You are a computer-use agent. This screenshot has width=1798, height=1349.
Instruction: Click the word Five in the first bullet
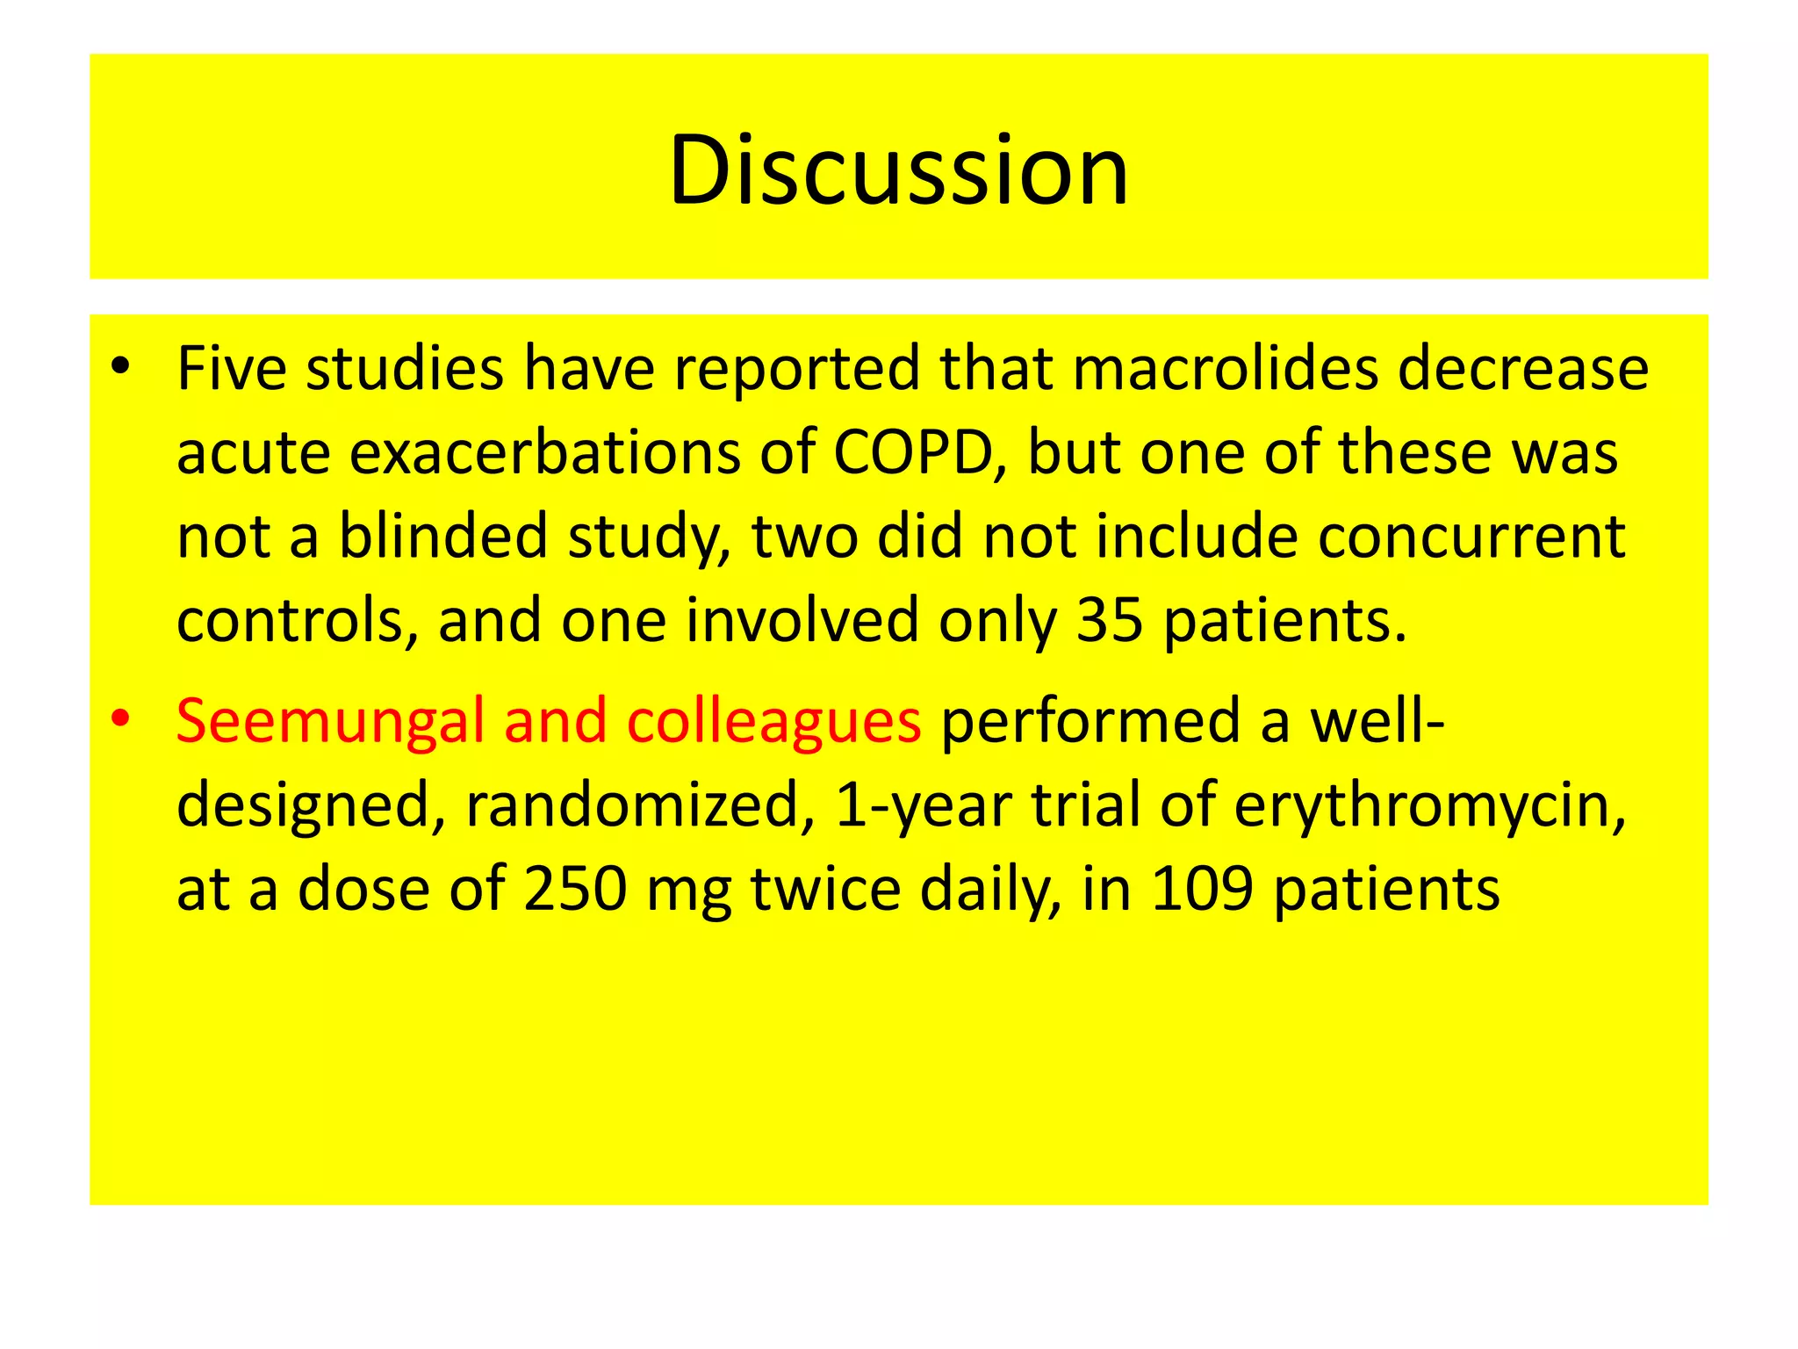point(231,368)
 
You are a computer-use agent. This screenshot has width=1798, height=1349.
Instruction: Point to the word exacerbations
point(544,453)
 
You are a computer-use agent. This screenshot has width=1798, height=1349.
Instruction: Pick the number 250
point(575,889)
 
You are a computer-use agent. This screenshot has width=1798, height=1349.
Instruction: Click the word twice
point(825,889)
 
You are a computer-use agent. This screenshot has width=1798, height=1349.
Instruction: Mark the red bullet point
point(120,719)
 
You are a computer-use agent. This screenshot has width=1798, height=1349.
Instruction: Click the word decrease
point(1523,368)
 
